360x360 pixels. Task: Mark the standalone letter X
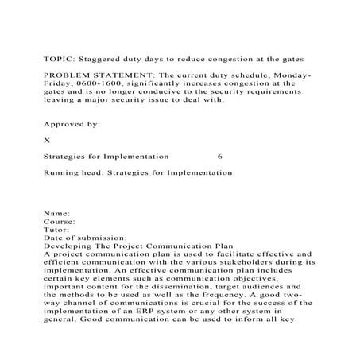47,140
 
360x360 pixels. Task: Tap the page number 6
219,157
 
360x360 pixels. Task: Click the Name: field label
56,214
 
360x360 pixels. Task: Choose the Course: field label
60,222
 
